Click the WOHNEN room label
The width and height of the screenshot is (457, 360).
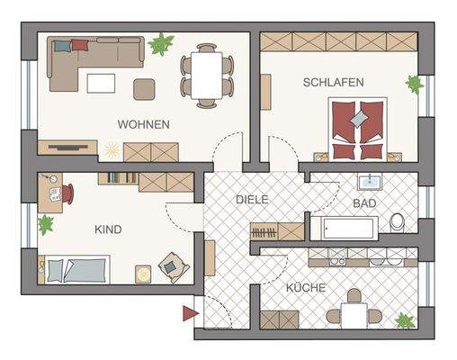coord(143,125)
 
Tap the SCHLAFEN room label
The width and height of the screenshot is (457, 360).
coord(333,82)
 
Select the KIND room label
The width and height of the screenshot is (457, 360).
coord(107,229)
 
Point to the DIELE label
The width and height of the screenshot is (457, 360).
coord(253,199)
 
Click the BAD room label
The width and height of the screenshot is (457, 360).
coord(364,203)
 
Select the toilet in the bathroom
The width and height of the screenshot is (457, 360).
coord(398,221)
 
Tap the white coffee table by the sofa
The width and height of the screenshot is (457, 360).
coord(101,83)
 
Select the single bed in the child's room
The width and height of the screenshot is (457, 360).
coord(76,268)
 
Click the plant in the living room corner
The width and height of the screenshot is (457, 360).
coord(161,43)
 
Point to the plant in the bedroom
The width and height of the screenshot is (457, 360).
coord(414,85)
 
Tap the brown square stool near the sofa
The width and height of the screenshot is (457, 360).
coord(144,89)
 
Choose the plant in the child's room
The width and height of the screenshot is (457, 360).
coord(45,224)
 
